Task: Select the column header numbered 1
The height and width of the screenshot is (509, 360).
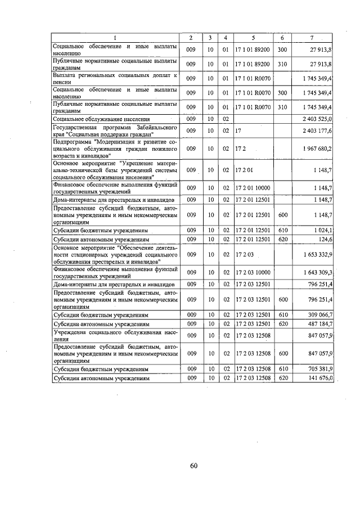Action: pos(115,38)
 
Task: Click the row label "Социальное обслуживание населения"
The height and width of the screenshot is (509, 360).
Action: pos(101,119)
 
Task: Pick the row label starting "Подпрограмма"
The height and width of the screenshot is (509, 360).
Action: pos(115,148)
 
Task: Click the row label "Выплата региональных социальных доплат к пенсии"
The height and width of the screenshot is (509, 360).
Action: pos(115,78)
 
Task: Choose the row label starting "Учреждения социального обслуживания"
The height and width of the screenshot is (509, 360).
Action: pos(115,336)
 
